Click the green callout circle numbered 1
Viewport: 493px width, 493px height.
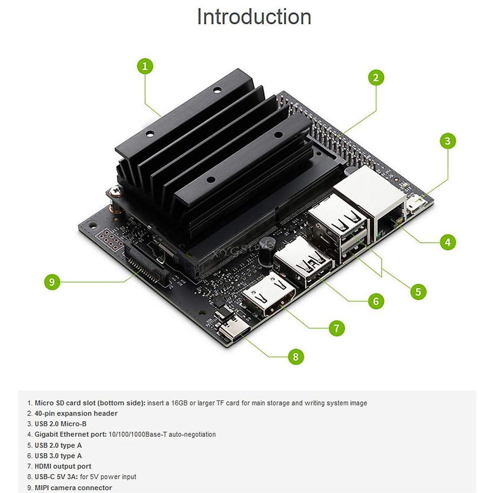pyautogui.click(x=145, y=66)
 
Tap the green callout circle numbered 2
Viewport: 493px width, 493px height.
pyautogui.click(x=376, y=78)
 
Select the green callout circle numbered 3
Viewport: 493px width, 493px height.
pyautogui.click(x=447, y=141)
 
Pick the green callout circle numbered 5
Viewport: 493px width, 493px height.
pyautogui.click(x=418, y=292)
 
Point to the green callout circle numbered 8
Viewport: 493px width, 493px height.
pyautogui.click(x=296, y=356)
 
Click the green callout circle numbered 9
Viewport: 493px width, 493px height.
pyautogui.click(x=52, y=282)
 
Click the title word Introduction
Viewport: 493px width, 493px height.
pyautogui.click(x=254, y=17)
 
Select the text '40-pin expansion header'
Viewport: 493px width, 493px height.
pyautogui.click(x=76, y=413)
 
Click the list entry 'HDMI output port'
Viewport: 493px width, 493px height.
pyautogui.click(x=63, y=466)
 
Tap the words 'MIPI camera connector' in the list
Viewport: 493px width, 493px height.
pyautogui.click(x=73, y=488)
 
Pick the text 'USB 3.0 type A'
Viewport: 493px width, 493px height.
pyautogui.click(x=58, y=456)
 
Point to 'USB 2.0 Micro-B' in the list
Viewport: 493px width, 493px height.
pyautogui.click(x=60, y=424)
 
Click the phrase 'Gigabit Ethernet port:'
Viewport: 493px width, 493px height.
pyautogui.click(x=70, y=434)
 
